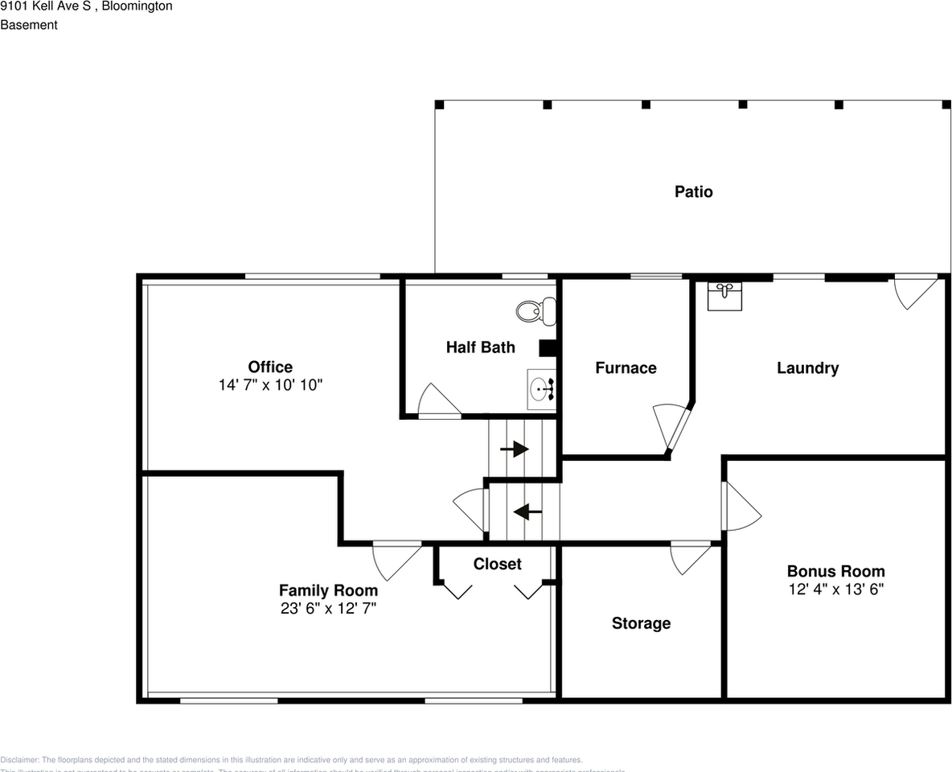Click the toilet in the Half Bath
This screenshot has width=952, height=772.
point(535,310)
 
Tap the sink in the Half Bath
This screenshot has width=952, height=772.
point(542,390)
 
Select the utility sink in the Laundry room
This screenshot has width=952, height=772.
point(724,295)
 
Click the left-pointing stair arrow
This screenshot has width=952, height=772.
point(527,511)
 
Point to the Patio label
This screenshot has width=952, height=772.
point(693,191)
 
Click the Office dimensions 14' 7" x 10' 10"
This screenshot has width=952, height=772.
point(270,385)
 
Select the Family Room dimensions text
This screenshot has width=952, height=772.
point(328,609)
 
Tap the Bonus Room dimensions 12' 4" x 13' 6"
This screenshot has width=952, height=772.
point(835,589)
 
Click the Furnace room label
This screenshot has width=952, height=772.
point(626,368)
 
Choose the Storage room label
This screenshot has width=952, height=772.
point(641,623)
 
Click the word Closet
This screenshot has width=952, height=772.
point(497,564)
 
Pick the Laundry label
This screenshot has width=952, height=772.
point(807,368)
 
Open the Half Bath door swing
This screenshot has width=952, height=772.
point(437,400)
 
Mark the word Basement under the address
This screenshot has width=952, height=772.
point(29,25)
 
